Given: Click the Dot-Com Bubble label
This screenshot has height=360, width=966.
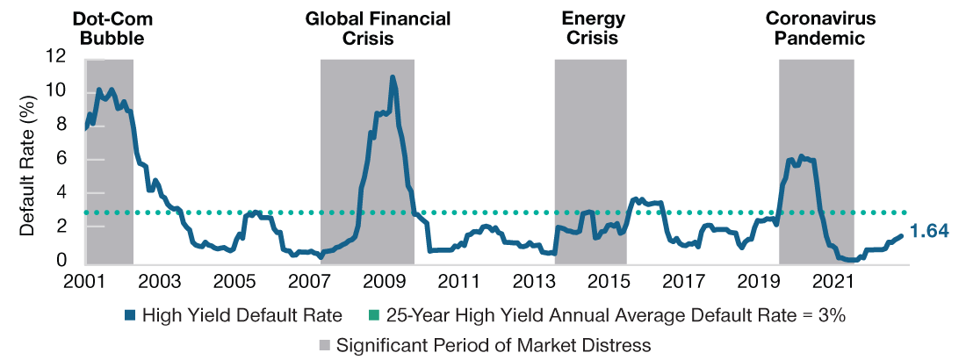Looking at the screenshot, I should click(x=108, y=28).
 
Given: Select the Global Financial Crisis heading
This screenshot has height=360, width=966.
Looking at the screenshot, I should click(x=378, y=28).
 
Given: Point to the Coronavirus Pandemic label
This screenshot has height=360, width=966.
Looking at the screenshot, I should click(x=816, y=28).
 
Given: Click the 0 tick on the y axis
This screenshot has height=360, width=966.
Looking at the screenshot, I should click(x=61, y=261).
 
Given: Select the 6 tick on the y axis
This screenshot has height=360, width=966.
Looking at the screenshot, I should click(x=61, y=159).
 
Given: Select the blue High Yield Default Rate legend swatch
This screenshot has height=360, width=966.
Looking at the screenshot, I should click(x=131, y=316).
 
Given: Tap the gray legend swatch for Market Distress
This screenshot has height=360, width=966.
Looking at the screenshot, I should click(x=322, y=345).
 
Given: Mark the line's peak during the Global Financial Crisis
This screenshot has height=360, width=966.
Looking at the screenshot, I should click(x=392, y=77).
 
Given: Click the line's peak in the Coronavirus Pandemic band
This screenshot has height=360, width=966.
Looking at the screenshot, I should click(x=799, y=156).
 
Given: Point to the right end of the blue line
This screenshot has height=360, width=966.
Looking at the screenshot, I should click(x=902, y=234).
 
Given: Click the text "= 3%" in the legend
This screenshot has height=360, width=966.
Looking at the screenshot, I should click(x=825, y=316).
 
